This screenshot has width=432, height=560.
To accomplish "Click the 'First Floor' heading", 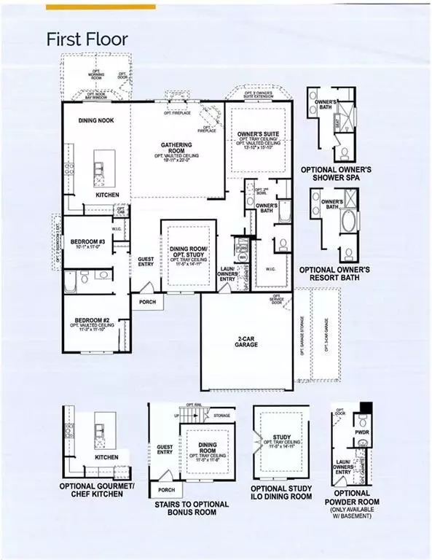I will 87,38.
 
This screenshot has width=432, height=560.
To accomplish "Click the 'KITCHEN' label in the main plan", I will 108,195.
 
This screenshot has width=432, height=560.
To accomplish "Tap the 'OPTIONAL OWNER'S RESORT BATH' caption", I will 337,273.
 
